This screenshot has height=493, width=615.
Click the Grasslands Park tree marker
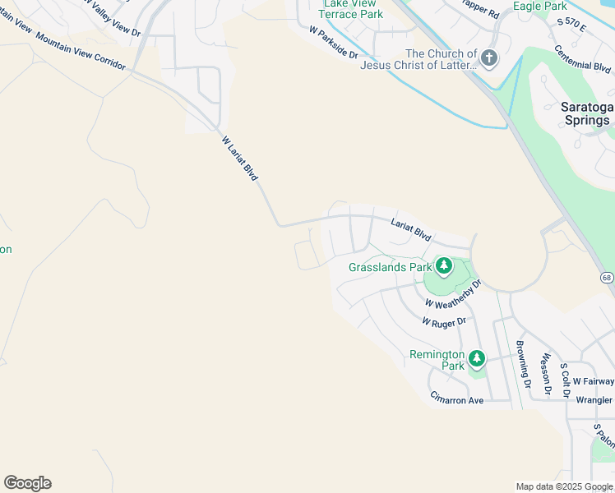(x=444, y=265)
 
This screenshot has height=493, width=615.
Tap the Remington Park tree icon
(x=477, y=358)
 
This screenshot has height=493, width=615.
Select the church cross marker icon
(x=489, y=58)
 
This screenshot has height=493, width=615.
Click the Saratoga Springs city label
(x=586, y=113)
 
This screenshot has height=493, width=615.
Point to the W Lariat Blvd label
(x=240, y=159)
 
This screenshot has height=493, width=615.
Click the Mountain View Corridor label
(x=81, y=52)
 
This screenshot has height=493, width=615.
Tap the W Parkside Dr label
(x=334, y=43)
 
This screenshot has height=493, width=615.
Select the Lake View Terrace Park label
(x=349, y=8)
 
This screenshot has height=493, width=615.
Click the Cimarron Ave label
(x=456, y=398)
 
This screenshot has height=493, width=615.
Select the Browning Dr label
(x=521, y=362)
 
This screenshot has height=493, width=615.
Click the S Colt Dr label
(x=564, y=380)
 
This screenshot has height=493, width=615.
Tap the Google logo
(x=27, y=483)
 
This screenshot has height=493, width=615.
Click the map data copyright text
(x=563, y=486)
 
